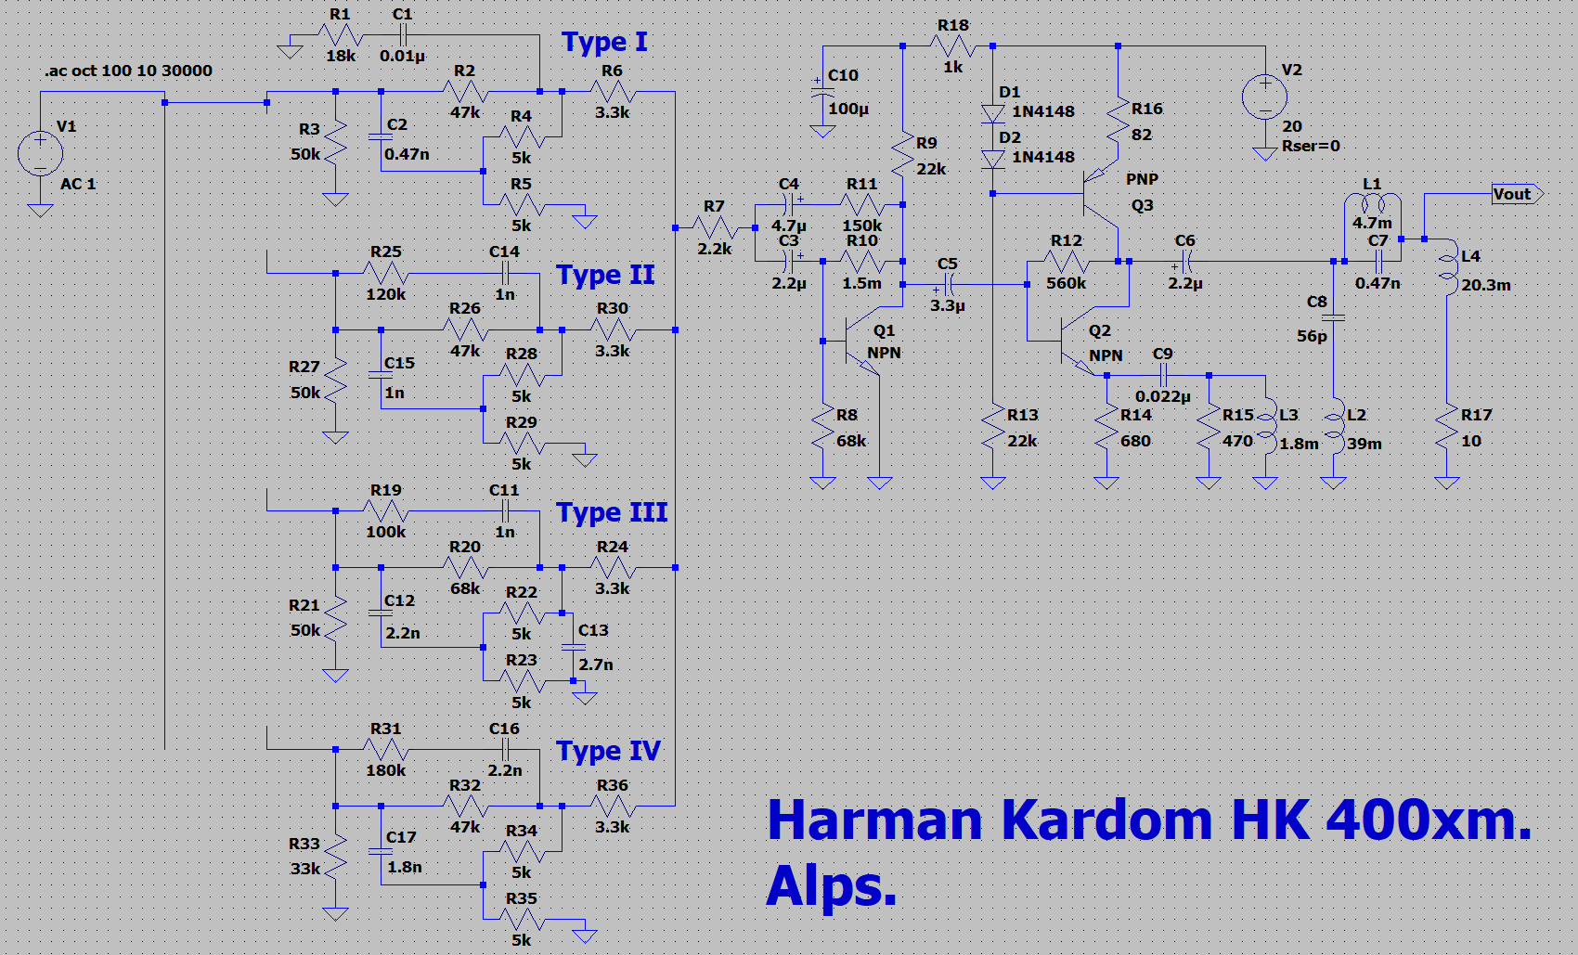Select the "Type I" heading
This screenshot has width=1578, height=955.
pyautogui.click(x=604, y=43)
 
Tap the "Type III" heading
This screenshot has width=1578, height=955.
pyautogui.click(x=612, y=513)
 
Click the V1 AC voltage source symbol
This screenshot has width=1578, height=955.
pyautogui.click(x=40, y=153)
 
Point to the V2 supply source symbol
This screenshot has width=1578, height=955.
pyautogui.click(x=1264, y=97)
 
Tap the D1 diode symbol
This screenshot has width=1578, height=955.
pyautogui.click(x=993, y=113)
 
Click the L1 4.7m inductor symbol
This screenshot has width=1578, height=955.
pyautogui.click(x=1372, y=204)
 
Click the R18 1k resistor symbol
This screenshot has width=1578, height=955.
pyautogui.click(x=952, y=45)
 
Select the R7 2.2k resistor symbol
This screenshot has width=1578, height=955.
pyautogui.click(x=714, y=227)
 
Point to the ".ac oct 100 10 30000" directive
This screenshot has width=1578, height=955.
pyautogui.click(x=128, y=71)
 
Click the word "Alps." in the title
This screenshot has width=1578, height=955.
pyautogui.click(x=831, y=886)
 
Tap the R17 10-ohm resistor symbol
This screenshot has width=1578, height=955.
pyautogui.click(x=1447, y=428)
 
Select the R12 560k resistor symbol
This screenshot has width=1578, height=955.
pyautogui.click(x=1067, y=262)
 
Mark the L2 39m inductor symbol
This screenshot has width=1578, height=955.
pyautogui.click(x=1334, y=428)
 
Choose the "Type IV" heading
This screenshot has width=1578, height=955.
pyautogui.click(x=608, y=751)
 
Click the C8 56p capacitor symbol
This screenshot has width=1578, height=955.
pyautogui.click(x=1334, y=317)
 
